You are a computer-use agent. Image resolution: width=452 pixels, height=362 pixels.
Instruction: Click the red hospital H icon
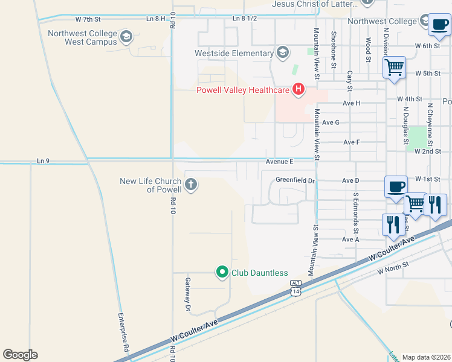click(298, 90)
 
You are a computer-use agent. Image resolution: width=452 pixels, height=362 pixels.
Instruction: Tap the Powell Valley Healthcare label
click(243, 91)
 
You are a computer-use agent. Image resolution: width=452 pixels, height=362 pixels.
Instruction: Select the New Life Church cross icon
click(191, 184)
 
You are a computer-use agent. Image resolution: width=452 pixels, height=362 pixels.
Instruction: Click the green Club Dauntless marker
click(222, 273)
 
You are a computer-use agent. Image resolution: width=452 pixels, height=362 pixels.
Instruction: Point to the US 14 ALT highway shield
click(295, 288)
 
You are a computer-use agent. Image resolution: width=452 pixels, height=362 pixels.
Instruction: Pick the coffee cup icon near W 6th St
click(439, 25)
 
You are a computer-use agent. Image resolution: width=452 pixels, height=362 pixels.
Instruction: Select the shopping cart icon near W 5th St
click(394, 67)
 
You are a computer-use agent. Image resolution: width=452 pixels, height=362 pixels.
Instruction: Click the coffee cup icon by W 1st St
click(396, 186)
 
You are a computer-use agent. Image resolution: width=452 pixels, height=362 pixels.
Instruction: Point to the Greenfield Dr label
click(295, 180)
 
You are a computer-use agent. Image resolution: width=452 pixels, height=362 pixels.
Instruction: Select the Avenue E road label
click(279, 162)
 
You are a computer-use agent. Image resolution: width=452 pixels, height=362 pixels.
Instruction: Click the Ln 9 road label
click(42, 160)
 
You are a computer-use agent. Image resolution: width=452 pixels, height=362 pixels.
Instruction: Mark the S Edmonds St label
click(357, 214)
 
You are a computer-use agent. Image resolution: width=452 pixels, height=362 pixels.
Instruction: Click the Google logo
click(20, 355)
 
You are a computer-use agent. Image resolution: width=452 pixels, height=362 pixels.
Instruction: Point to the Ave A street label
click(350, 240)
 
